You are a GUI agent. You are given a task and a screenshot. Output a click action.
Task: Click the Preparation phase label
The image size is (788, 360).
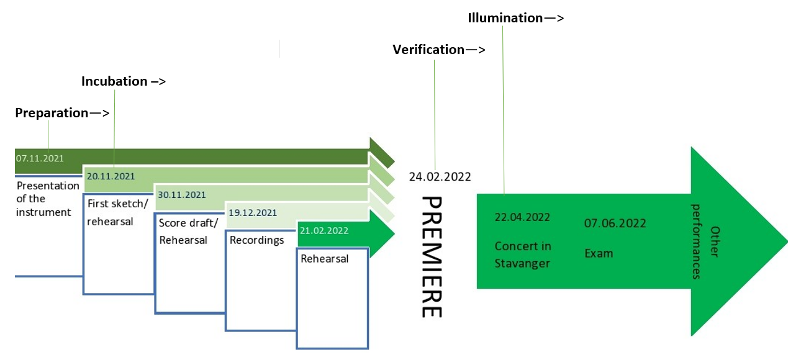(52, 113)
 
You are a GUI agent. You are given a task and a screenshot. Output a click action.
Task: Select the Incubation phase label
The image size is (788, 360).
(114, 81)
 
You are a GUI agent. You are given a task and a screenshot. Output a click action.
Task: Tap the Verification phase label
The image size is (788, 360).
(428, 50)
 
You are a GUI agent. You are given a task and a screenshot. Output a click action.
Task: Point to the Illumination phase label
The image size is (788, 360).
(505, 18)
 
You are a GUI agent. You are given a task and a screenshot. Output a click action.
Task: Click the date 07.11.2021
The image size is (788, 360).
(40, 158)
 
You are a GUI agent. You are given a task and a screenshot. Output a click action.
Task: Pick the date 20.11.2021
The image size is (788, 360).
(111, 176)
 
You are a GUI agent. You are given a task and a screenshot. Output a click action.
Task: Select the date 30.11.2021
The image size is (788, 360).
(182, 195)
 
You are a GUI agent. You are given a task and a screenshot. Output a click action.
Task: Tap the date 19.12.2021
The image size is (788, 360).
(253, 213)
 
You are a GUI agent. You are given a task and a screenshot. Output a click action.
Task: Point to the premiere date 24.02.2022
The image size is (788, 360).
(440, 177)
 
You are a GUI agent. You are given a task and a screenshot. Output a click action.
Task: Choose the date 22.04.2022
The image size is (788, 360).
(522, 217)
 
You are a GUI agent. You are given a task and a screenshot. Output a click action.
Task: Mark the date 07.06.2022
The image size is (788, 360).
(615, 223)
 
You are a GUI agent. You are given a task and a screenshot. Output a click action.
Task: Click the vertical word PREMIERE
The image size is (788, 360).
(432, 257)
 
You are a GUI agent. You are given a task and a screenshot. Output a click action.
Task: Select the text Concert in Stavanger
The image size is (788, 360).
(523, 254)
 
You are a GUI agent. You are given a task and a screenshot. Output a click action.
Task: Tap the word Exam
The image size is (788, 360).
(598, 253)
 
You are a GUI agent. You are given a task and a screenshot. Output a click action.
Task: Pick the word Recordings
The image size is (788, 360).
(256, 240)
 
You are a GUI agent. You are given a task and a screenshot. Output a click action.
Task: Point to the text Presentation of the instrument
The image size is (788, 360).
(43, 199)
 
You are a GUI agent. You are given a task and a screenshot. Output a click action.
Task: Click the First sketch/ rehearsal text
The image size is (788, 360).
(118, 212)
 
